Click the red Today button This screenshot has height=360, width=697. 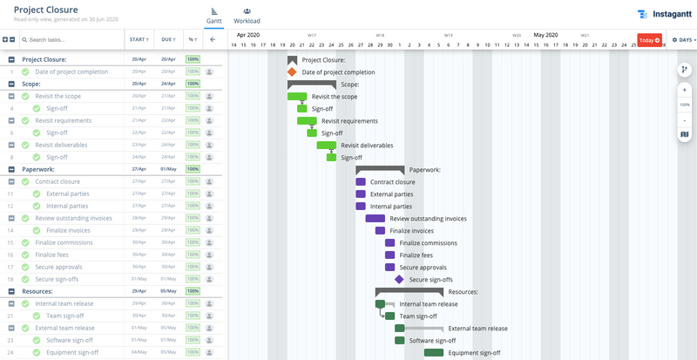coord(649,40)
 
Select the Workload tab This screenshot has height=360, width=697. coord(247,16)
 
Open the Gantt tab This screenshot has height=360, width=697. coord(213,16)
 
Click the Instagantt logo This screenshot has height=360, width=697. coord(665,14)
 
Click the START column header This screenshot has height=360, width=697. coord(139,39)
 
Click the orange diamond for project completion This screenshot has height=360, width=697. coord(293,72)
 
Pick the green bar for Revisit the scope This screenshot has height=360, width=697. coord(297,97)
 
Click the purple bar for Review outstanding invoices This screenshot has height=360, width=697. coord(376,219)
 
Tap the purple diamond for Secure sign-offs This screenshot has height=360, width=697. coord(399,280)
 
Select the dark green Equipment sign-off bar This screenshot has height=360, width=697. coord(434,353)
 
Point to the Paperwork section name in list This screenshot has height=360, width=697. coord(37,169)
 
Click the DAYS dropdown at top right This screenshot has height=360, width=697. coord(684,40)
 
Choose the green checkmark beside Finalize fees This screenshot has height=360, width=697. coord(25,255)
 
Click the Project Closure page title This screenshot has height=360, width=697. coord(51,10)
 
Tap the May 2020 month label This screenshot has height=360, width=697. coord(545,35)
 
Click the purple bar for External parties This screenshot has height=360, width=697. coord(361,194)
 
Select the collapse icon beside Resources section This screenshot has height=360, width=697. coord(11,291)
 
